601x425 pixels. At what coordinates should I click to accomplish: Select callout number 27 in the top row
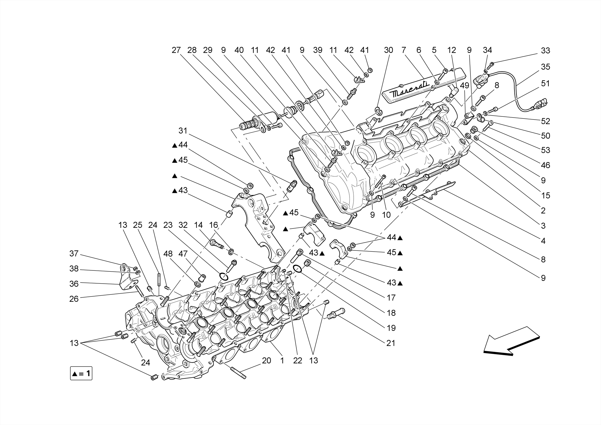coord(176,50)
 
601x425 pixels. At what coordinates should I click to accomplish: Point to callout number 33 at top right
coord(545,50)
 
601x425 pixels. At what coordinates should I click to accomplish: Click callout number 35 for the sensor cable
coord(545,67)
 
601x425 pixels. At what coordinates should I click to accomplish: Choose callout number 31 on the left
coord(183,131)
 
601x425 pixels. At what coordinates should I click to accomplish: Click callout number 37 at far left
coord(74,253)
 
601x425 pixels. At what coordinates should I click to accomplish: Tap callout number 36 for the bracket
coord(74,284)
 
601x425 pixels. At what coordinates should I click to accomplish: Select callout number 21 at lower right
coord(391,343)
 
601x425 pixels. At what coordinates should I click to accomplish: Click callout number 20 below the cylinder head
coord(266,360)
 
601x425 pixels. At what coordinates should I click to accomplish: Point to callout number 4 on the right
coord(543,241)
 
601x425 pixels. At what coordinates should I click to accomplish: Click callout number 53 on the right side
coord(545,150)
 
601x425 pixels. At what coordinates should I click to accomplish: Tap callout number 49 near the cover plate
coord(465,86)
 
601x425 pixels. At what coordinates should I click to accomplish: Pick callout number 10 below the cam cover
coord(386,215)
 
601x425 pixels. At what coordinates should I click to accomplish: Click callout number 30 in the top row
coord(388,50)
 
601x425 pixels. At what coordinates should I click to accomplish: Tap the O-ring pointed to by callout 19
coord(297,268)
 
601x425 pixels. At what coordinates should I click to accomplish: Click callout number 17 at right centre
coord(391,298)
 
